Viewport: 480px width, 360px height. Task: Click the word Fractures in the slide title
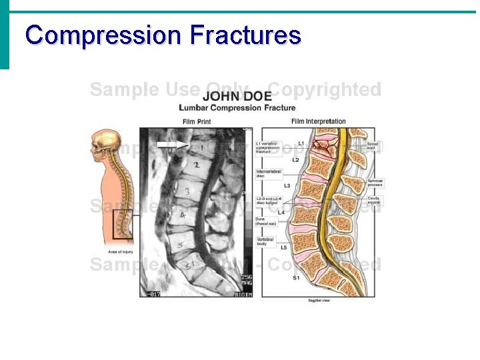coord(245,35)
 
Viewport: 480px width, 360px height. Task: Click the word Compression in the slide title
coord(103,35)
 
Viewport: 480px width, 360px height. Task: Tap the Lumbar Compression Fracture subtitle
coord(237,108)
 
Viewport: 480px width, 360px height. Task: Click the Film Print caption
coord(198,121)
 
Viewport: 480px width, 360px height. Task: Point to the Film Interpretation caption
coord(319,121)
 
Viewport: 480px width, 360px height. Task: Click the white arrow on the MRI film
coord(172,144)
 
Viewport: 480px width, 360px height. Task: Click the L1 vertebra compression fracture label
coord(268,147)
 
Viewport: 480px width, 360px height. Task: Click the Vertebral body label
coord(266,241)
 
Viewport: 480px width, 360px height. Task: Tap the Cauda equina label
coord(373,200)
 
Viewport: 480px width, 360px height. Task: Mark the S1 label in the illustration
coord(296,277)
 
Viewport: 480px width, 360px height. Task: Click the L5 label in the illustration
coord(283,247)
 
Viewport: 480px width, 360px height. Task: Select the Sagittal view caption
coord(317,301)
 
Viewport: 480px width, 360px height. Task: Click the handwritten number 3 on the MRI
coord(188,192)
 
